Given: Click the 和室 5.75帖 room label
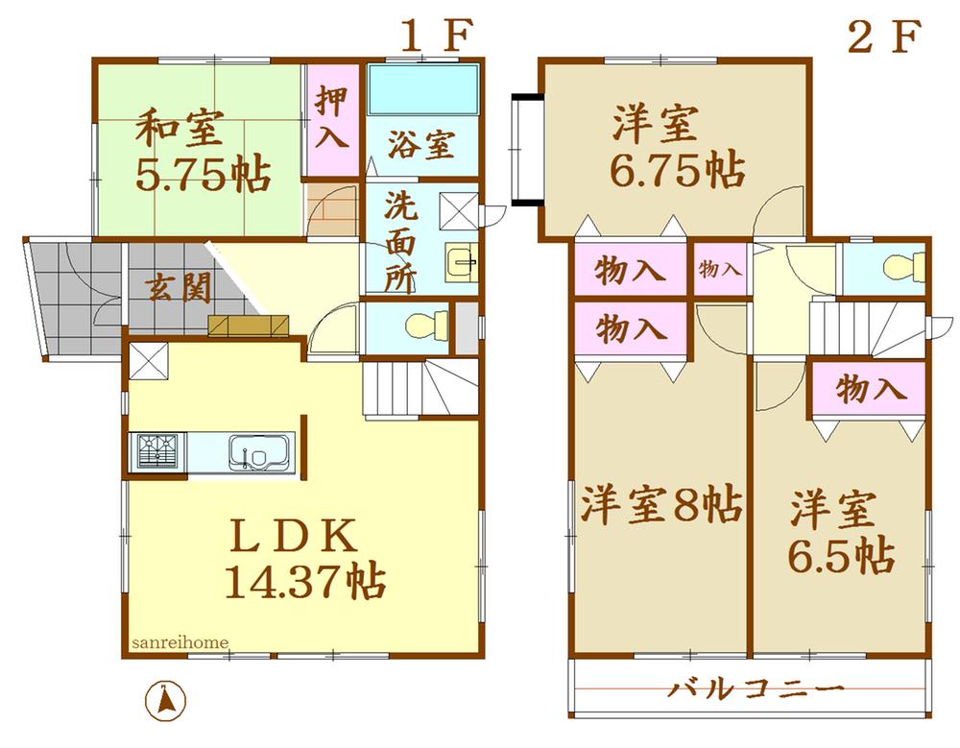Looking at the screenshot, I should point(201,151).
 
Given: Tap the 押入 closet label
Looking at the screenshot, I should point(332,120).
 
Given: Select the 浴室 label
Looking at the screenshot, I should point(420,146).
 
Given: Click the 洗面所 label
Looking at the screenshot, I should point(401,243).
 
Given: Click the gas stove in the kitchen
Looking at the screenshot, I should point(159,450).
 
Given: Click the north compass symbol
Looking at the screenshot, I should point(165,699).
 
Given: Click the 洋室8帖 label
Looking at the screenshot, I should point(660,504).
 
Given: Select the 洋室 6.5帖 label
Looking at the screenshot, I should point(842,533).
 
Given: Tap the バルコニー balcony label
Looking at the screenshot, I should point(756,688).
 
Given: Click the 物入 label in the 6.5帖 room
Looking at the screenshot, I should point(870,389).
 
